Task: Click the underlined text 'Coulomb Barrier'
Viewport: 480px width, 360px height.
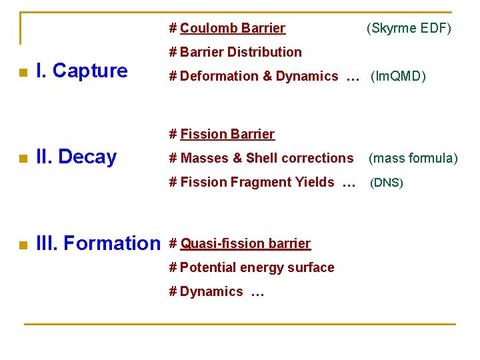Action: point(232,28)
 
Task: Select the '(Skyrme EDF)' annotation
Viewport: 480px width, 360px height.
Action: point(408,28)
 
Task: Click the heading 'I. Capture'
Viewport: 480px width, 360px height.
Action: point(81,71)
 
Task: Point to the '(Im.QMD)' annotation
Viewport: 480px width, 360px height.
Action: point(398,77)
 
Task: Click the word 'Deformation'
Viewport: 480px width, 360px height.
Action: point(219,76)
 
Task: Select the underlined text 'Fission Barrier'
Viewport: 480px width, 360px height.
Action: point(227,134)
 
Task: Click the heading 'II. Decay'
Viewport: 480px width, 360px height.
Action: point(76,157)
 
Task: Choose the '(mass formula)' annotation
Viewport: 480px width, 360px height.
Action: point(413,159)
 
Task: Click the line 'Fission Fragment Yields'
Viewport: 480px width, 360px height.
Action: point(257,182)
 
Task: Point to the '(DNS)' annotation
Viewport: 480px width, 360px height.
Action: point(387,183)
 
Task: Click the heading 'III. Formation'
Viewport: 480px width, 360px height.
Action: point(99,243)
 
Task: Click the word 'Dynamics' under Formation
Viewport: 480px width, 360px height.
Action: point(211,291)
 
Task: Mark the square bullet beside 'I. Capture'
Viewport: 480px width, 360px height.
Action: point(22,73)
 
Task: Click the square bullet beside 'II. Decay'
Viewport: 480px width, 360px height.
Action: point(22,159)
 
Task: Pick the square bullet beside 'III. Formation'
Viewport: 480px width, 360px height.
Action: point(22,245)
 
